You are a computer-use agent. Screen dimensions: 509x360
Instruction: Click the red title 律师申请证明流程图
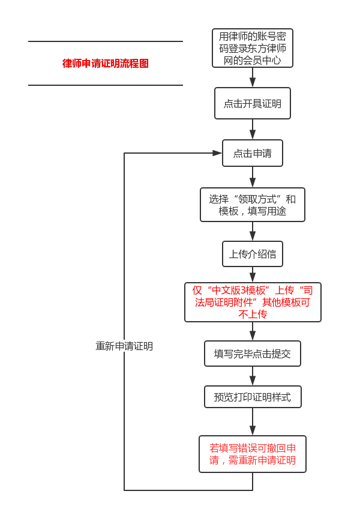pos(106,64)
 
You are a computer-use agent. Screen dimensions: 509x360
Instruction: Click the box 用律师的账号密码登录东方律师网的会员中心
pos(252,48)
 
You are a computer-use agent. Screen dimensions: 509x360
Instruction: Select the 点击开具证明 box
pos(252,103)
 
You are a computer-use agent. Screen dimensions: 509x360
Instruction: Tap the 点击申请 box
pos(252,153)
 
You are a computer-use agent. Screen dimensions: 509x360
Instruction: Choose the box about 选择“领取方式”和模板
pos(252,205)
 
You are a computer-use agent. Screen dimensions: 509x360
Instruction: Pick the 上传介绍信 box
pos(252,254)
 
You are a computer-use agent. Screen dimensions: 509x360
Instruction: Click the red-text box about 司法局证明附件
pos(252,302)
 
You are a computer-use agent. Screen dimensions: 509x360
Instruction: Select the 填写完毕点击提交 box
pos(252,354)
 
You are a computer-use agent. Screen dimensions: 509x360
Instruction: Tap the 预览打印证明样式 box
pos(252,397)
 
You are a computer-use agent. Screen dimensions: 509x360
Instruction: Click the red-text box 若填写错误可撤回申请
pos(252,454)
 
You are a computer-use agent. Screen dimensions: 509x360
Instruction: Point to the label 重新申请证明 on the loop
pos(124,346)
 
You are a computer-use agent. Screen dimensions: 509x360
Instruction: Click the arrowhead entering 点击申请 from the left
pos(217,153)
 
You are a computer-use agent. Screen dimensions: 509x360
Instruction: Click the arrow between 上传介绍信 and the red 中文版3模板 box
pos(253,275)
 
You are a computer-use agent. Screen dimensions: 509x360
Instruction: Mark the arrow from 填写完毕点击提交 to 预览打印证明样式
pos(253,376)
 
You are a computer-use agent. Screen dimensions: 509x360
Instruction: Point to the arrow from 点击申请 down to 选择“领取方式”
pos(253,178)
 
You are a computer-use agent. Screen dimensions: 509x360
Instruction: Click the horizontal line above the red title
pos(106,41)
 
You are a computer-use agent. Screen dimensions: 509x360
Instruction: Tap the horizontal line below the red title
pos(106,85)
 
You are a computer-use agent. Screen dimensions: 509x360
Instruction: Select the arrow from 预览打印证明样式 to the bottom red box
pos(253,423)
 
